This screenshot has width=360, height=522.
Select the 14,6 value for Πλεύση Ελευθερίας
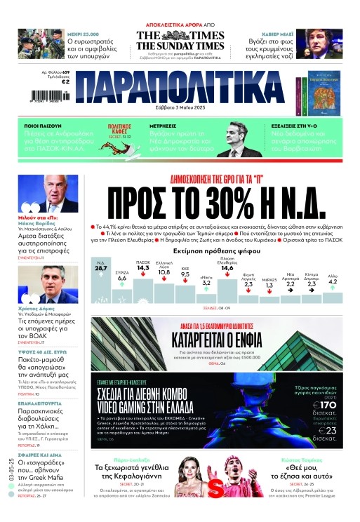[x=227, y=267]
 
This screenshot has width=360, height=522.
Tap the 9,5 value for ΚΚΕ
[x=185, y=275]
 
